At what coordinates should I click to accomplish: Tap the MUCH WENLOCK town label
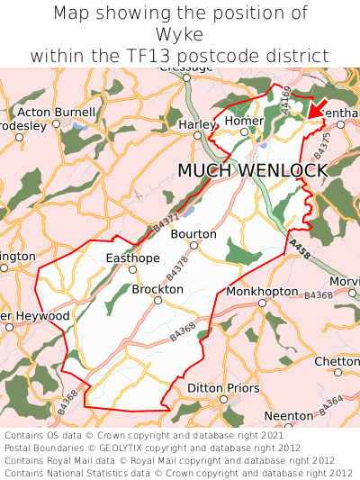(x=252, y=170)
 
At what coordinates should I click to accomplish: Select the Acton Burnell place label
(x=57, y=113)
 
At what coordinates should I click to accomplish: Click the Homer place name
(x=244, y=121)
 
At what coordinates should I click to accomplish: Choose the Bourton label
(x=193, y=233)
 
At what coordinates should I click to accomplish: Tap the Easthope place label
(x=132, y=258)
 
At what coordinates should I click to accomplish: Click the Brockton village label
(x=157, y=290)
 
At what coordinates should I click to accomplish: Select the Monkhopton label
(x=262, y=292)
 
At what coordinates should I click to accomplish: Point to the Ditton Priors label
(x=223, y=388)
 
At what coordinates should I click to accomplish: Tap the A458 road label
(x=301, y=250)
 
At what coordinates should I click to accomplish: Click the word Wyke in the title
(x=180, y=34)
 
